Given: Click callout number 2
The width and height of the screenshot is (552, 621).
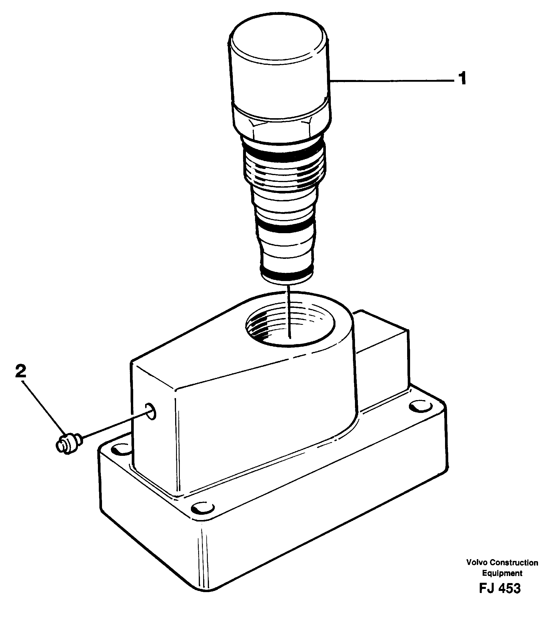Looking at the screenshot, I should (21, 371).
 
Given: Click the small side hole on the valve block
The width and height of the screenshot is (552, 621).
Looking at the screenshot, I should (150, 411).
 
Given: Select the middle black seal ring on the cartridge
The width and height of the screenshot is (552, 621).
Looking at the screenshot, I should (286, 227).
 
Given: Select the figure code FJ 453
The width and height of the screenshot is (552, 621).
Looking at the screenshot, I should (500, 588).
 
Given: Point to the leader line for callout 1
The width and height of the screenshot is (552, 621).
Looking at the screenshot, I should (391, 80).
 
